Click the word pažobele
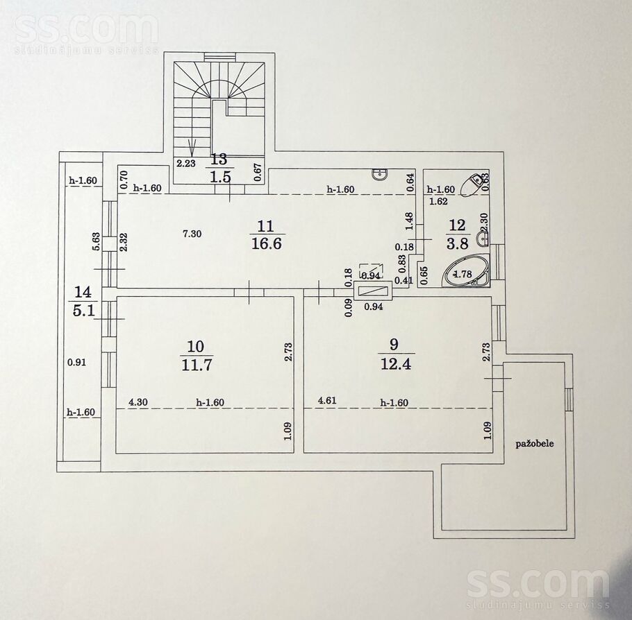[535, 444]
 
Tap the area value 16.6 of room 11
[267, 243]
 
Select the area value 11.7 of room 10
[197, 365]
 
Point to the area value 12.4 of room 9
[395, 363]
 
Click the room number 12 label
[457, 225]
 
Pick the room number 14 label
[83, 291]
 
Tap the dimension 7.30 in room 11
[192, 234]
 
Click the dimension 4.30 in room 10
[138, 402]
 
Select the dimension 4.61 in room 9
[327, 401]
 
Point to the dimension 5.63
[96, 241]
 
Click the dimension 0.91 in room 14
[76, 362]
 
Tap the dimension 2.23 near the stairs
[186, 163]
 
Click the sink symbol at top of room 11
[381, 174]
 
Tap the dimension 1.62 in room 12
[438, 201]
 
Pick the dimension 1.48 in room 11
[410, 221]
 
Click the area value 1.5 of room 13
[221, 176]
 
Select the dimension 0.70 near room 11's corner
[124, 180]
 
